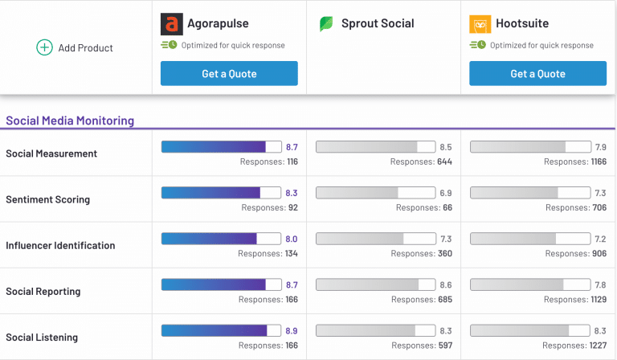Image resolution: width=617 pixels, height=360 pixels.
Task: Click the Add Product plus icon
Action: point(44,47)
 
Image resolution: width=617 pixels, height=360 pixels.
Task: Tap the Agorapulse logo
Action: point(172,24)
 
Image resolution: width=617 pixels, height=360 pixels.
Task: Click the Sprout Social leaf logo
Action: point(326,24)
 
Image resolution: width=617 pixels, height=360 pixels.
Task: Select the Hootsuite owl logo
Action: point(480,24)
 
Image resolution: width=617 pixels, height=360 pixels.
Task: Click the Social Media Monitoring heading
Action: point(70,121)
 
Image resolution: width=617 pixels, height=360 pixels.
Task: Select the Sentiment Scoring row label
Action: point(48,199)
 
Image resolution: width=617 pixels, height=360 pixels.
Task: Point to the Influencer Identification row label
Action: point(60,246)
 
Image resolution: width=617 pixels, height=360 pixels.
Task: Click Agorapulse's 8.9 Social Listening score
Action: point(292,331)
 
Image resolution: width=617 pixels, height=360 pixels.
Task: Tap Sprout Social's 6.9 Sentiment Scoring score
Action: point(446,193)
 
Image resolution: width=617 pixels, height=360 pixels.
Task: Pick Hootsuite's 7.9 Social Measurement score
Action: point(600,147)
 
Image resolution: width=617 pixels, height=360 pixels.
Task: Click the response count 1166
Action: point(599,162)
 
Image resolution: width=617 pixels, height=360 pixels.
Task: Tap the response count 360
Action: point(445,254)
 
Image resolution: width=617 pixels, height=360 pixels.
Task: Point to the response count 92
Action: point(293,208)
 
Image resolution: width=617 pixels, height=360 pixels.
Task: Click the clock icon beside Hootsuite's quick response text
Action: point(482,45)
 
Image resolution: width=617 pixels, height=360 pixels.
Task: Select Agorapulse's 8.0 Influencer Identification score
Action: point(292,239)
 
